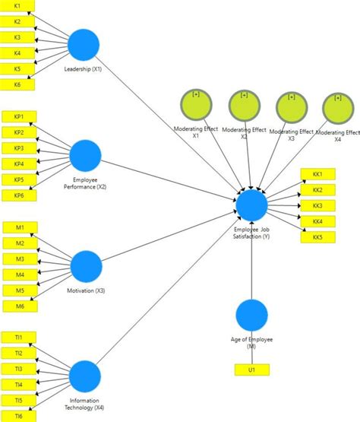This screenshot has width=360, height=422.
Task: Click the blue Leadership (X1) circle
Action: click(84, 45)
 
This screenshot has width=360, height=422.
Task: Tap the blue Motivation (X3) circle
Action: click(86, 266)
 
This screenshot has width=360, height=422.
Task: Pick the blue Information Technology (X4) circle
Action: click(86, 376)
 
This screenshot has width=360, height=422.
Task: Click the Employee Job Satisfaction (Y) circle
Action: click(251, 205)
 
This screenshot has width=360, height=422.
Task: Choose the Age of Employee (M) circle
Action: click(251, 316)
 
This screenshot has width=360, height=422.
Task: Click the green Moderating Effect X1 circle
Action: click(196, 105)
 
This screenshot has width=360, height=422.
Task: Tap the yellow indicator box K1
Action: click(17, 5)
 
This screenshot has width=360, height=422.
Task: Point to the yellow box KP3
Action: click(18, 148)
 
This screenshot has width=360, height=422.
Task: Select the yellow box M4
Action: click(19, 274)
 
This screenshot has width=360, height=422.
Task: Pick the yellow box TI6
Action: click(18, 417)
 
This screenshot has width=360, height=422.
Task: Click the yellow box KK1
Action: click(317, 174)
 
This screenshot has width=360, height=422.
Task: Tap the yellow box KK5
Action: click(317, 238)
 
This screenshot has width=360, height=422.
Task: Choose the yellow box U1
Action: click(251, 370)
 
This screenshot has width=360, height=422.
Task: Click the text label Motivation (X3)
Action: click(85, 291)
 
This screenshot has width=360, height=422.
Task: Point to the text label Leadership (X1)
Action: click(84, 70)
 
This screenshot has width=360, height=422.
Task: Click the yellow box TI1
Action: click(18, 337)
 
